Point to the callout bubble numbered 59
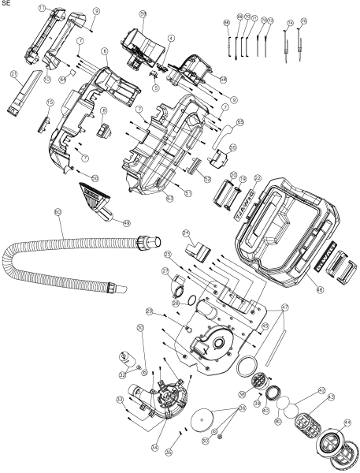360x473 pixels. pyautogui.click(x=143, y=14)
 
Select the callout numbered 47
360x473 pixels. pyautogui.click(x=284, y=307)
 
